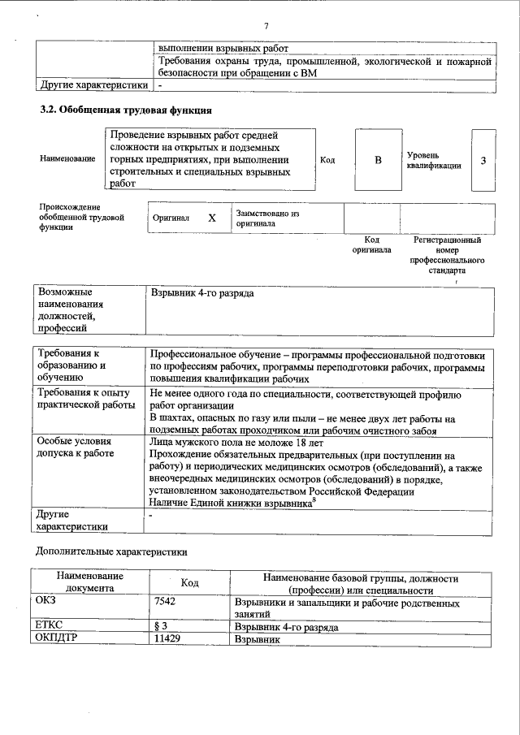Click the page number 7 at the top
tap(266, 28)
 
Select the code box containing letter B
tap(377, 160)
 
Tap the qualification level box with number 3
tap(483, 160)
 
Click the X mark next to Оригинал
tap(212, 218)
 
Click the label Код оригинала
tap(371, 245)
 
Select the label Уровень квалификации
tap(435, 160)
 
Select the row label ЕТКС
tap(50, 627)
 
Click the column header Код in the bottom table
tap(189, 583)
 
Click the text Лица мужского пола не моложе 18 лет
tap(237, 443)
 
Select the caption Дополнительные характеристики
tap(112, 551)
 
